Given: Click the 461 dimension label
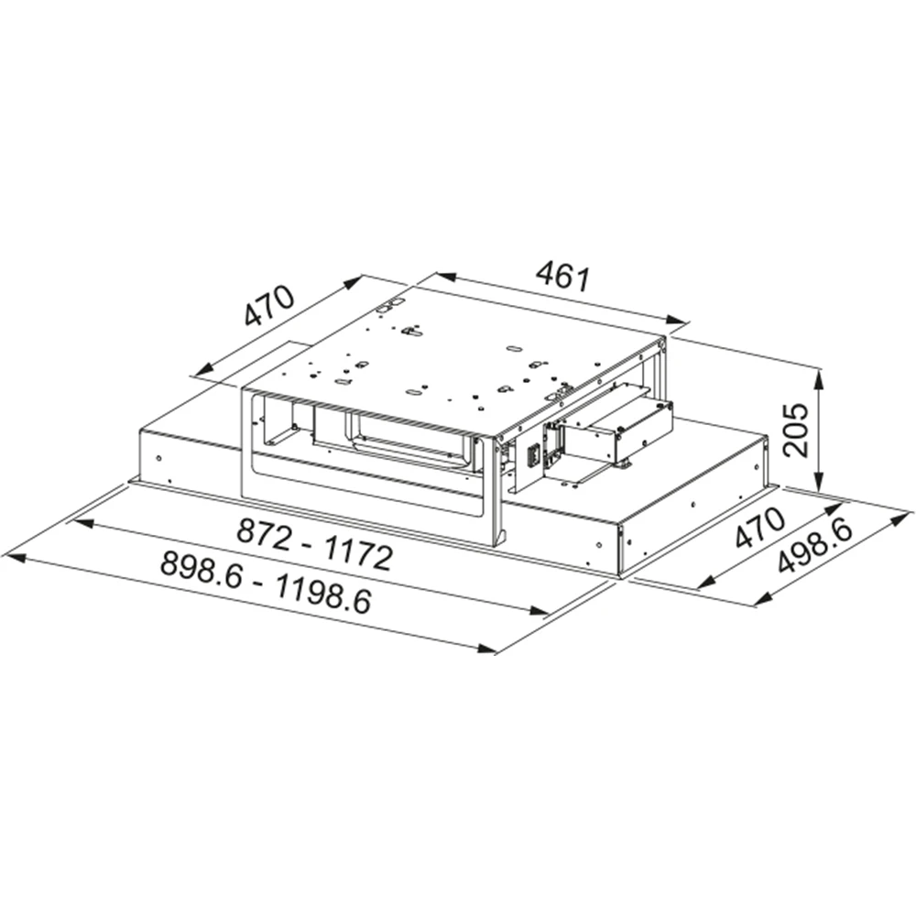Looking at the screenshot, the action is [x=562, y=277].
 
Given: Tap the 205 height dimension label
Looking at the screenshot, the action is [x=796, y=430].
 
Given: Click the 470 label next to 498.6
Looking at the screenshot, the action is [x=758, y=527].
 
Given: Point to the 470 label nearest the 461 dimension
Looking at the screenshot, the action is [x=268, y=306].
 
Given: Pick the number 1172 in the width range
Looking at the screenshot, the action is [x=357, y=555].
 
